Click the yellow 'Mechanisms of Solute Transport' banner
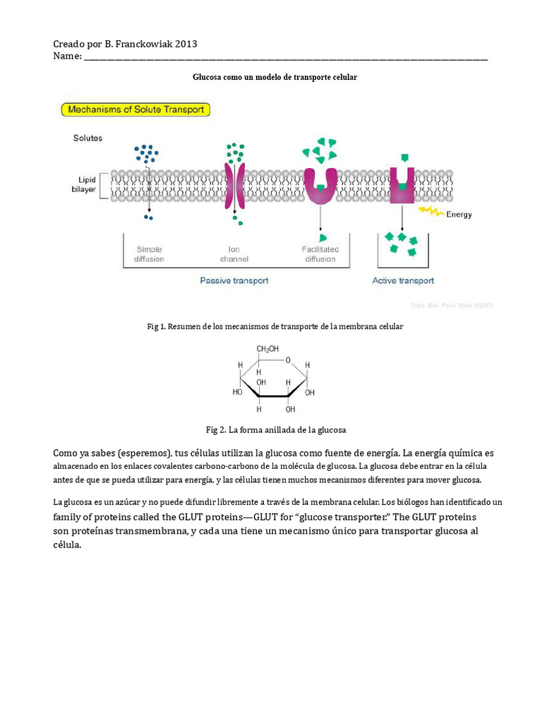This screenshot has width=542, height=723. (135, 109)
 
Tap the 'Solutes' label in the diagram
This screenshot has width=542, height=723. (88, 138)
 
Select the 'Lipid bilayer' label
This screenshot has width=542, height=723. (87, 185)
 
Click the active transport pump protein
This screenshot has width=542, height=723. (402, 186)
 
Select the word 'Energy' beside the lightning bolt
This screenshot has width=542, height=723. (459, 215)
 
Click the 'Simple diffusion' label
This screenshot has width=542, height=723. (149, 254)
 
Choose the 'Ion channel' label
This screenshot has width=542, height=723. (234, 254)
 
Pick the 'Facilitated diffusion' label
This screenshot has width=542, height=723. (320, 254)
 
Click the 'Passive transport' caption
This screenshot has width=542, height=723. (234, 280)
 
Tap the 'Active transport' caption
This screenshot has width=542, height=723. (403, 280)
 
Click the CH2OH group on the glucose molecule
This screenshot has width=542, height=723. (267, 349)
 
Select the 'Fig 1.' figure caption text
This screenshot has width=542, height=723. (275, 327)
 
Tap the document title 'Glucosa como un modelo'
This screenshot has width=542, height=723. (275, 77)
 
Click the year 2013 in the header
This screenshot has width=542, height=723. (186, 44)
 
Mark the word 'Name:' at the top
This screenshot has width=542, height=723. (67, 56)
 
